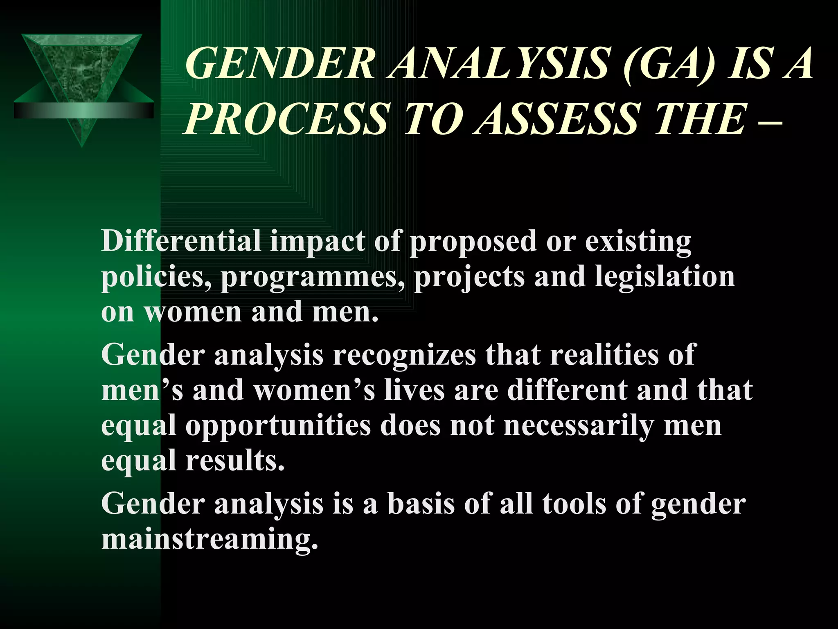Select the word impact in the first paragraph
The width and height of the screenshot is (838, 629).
click(317, 242)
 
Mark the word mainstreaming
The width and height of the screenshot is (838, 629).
click(209, 539)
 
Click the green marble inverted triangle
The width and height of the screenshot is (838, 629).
click(82, 70)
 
